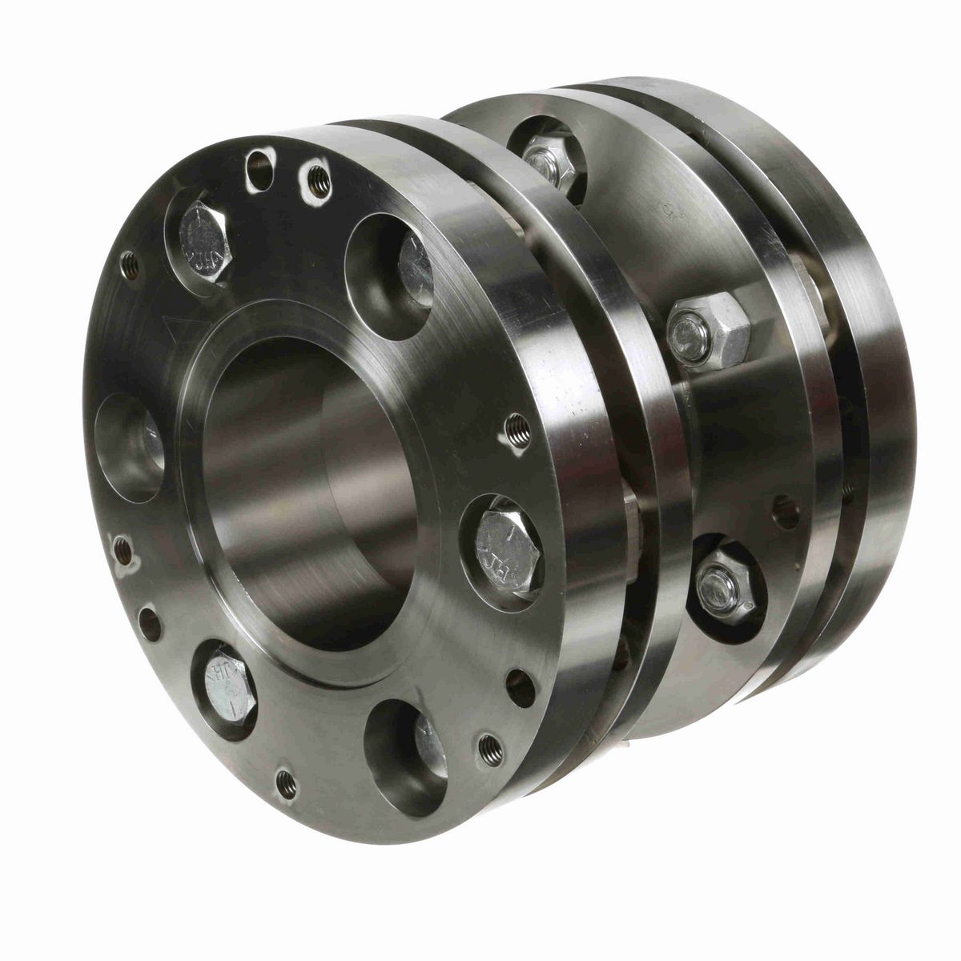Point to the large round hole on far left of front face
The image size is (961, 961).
[x=132, y=445]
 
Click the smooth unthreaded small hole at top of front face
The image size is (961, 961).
[x=259, y=160]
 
